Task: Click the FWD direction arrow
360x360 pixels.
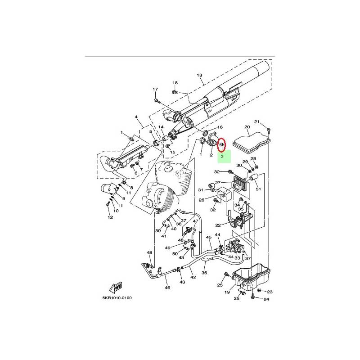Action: point(116,287)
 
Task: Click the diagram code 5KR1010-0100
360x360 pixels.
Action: point(117,298)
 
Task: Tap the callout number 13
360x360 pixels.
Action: point(199,75)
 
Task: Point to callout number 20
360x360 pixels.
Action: point(247,127)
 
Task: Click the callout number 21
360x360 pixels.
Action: point(256,121)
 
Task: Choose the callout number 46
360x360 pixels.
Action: point(167,288)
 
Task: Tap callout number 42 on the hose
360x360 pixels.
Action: point(193,277)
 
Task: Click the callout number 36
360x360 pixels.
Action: point(204,273)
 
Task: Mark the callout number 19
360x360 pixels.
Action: point(227,292)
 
